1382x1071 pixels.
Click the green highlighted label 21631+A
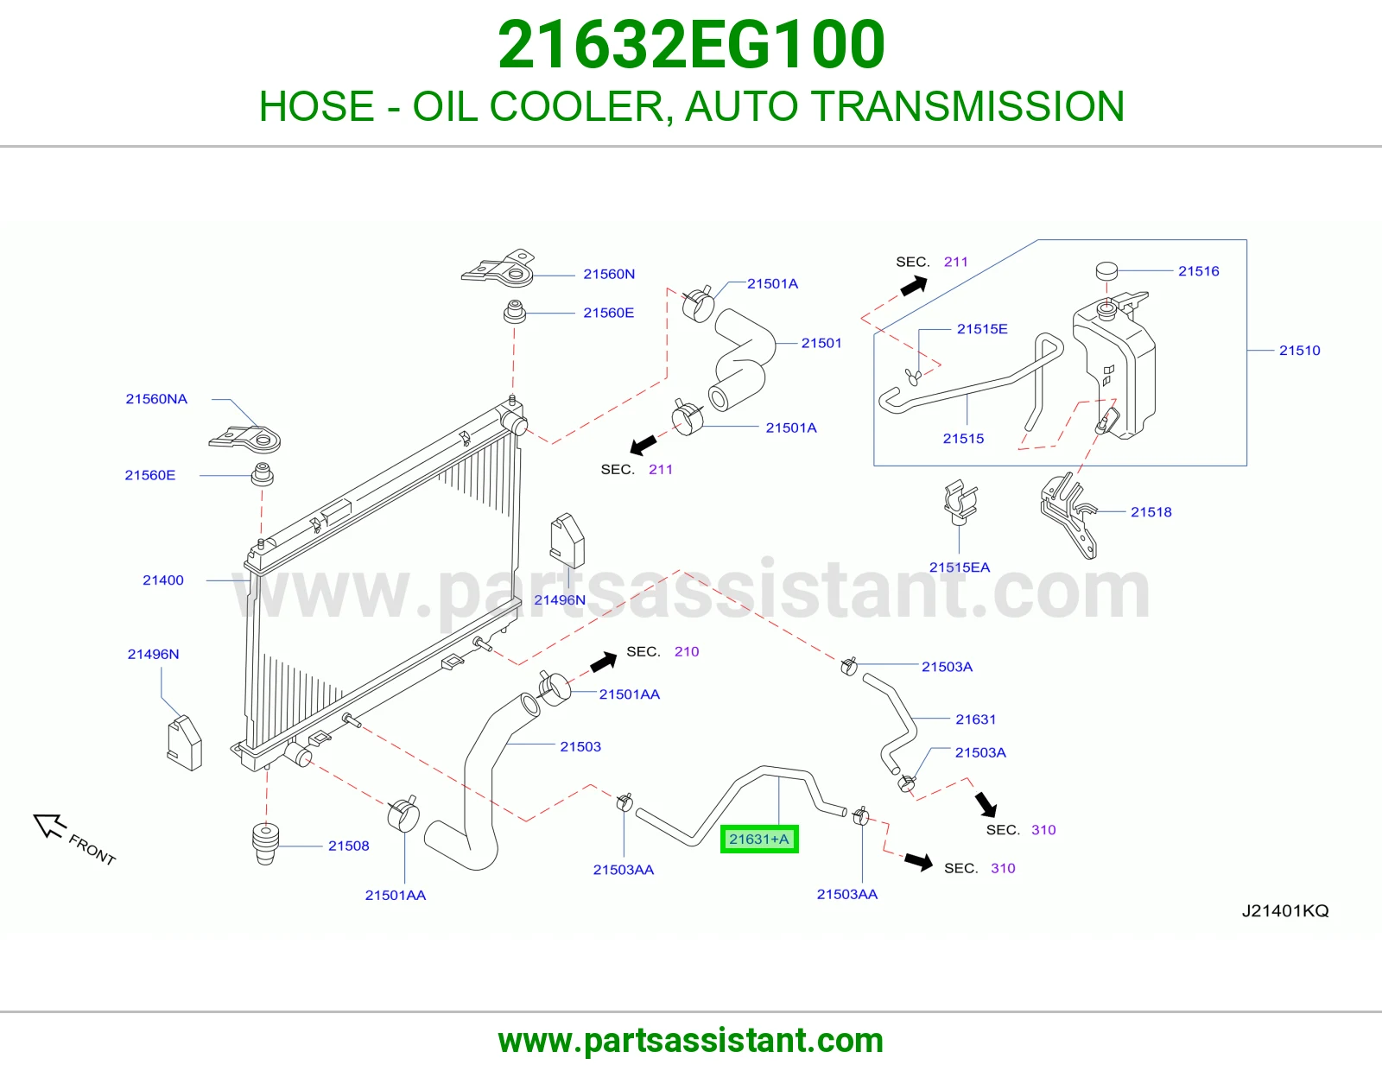pyautogui.click(x=758, y=839)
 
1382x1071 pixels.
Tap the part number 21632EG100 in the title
pyautogui.click(x=691, y=45)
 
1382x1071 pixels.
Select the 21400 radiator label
pyautogui.click(x=162, y=580)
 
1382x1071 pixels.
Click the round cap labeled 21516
pyautogui.click(x=1106, y=270)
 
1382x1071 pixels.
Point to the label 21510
pyautogui.click(x=1299, y=351)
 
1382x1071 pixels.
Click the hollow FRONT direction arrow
pyautogui.click(x=49, y=825)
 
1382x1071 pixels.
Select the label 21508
pyautogui.click(x=348, y=846)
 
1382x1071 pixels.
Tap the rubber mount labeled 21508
pyautogui.click(x=266, y=843)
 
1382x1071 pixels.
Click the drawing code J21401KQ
pyautogui.click(x=1285, y=910)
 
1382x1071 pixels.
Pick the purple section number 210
pyautogui.click(x=686, y=651)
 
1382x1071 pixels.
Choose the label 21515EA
pyautogui.click(x=959, y=567)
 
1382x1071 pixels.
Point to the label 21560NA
pyautogui.click(x=156, y=399)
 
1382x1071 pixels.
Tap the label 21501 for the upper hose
pyautogui.click(x=821, y=343)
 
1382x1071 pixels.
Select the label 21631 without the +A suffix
pyautogui.click(x=975, y=719)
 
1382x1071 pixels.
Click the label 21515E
pyautogui.click(x=982, y=329)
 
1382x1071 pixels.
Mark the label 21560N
pyautogui.click(x=609, y=274)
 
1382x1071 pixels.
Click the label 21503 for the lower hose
pyautogui.click(x=580, y=746)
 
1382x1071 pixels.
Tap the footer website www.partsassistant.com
pyautogui.click(x=691, y=1041)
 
